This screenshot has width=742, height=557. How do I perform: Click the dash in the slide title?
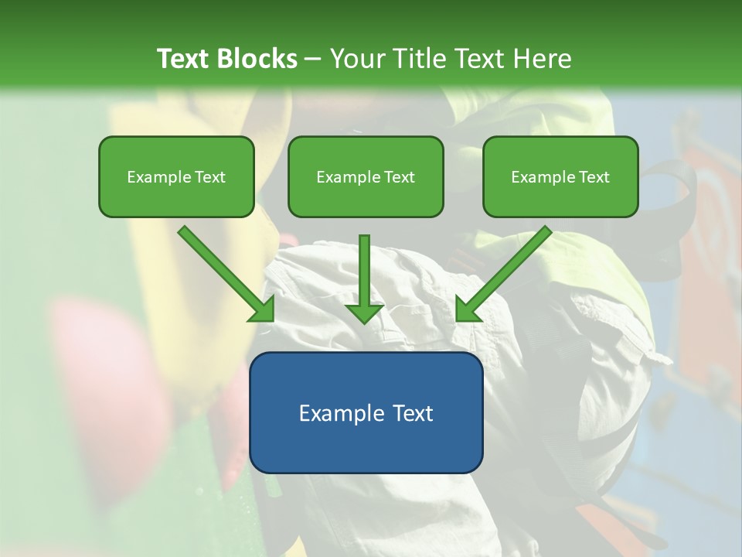click(313, 60)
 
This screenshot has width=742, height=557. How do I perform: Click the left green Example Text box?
click(176, 176)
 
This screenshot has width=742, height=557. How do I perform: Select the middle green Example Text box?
click(366, 176)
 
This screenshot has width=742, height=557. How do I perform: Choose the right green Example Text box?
click(560, 176)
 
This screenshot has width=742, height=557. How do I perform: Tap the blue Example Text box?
click(366, 412)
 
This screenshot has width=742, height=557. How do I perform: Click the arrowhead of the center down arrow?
click(364, 313)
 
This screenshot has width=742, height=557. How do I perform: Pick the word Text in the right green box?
click(594, 177)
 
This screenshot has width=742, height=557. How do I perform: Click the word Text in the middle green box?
click(399, 177)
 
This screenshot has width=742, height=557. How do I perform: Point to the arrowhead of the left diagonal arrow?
click(263, 310)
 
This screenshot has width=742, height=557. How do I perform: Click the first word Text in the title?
click(182, 59)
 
